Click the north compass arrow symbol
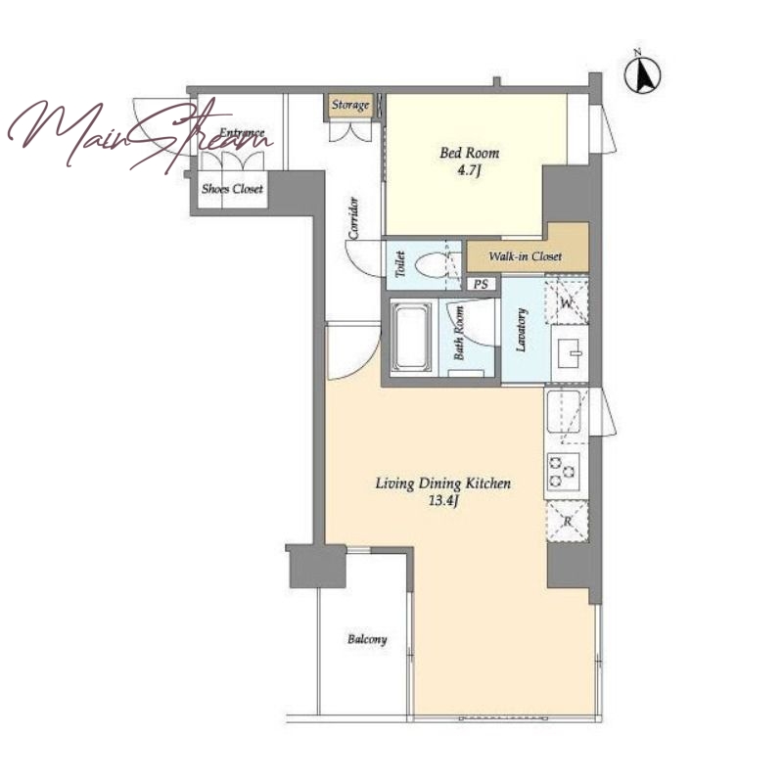[642, 75]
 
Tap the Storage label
[350, 106]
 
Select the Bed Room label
[470, 153]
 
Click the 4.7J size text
[469, 171]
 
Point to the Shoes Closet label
[232, 189]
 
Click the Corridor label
[353, 218]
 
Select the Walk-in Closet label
[526, 256]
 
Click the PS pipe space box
[481, 284]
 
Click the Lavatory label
[521, 330]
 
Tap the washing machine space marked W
[567, 301]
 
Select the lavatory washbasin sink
[571, 352]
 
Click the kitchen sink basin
[565, 411]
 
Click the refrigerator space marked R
[569, 522]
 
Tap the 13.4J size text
[444, 501]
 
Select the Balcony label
[367, 639]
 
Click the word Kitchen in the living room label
[487, 483]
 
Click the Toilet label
[399, 264]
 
